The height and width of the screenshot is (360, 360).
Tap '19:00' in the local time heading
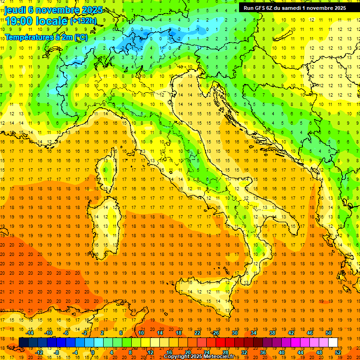(21, 21)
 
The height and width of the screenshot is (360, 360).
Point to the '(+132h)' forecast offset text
(83, 21)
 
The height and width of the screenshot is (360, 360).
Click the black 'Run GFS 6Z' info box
(295, 7)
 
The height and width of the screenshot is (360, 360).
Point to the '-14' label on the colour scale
(30, 333)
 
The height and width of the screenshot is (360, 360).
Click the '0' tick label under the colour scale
(93, 352)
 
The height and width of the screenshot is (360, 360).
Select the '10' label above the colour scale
(141, 333)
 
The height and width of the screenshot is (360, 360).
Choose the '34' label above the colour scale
(253, 333)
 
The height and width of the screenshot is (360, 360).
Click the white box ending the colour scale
(333, 343)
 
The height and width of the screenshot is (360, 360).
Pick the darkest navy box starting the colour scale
(23, 343)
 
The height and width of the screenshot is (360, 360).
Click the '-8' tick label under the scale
(56, 352)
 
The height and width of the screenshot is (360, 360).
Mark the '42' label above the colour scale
(291, 333)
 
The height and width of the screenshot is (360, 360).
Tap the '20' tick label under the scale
(187, 352)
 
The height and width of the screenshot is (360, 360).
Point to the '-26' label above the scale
(215, 333)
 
